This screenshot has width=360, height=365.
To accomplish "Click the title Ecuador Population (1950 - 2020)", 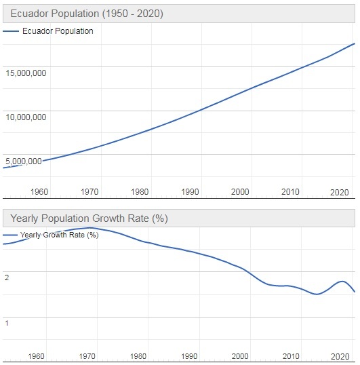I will (86, 14).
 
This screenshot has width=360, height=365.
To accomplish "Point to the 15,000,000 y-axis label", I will (26, 73).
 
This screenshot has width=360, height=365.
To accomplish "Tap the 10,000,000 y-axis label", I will (26, 117).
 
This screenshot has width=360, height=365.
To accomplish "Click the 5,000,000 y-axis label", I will (26, 161).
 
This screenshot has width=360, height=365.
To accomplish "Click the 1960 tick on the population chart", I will (39, 192).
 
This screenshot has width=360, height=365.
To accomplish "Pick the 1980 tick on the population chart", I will (140, 192).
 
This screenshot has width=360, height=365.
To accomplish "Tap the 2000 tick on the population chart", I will (240, 192).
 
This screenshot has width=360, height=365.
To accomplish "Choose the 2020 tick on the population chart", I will (340, 192).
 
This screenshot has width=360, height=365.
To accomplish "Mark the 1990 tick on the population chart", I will (190, 192).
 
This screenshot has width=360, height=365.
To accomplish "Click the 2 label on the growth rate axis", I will (6, 277).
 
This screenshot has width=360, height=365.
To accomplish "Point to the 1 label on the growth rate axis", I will (6, 322).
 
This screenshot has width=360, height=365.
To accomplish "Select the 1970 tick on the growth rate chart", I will (88, 356).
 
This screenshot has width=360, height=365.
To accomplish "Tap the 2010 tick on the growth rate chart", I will (290, 356).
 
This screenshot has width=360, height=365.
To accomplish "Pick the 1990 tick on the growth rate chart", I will (189, 356).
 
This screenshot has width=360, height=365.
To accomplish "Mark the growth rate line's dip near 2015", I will (316, 294).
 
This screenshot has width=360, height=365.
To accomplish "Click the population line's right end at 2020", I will (355, 43).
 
